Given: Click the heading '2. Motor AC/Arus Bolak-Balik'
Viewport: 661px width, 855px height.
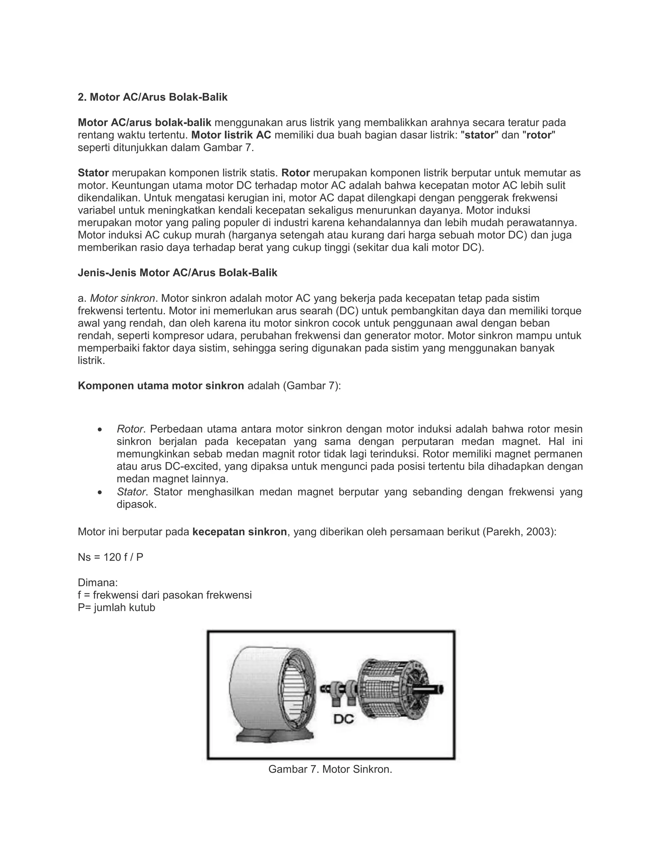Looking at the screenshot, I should coord(152,97).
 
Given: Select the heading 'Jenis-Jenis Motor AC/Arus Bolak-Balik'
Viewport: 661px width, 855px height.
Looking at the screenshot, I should coord(178,273).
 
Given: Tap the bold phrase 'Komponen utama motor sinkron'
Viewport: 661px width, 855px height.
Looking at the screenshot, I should coord(161,386).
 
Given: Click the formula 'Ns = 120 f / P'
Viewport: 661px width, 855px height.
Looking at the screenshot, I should coord(110,557).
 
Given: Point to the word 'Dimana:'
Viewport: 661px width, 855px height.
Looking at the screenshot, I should coord(97,582).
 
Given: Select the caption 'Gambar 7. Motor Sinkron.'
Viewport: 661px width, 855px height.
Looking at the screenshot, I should coord(330,769).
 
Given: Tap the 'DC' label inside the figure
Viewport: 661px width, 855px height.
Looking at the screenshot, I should coord(343,719).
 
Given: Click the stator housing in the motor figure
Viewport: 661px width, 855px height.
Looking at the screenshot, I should coord(259,689).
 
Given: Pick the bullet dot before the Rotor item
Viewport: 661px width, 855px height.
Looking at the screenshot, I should coord(100,430).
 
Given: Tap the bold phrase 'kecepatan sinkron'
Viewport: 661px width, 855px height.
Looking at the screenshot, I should coord(240,532).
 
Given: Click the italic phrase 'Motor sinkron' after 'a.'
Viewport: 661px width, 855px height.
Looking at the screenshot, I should coord(123,298).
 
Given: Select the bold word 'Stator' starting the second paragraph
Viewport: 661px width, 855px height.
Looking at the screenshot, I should coord(93,173).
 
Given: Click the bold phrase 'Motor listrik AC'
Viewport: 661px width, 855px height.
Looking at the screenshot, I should coord(231,135).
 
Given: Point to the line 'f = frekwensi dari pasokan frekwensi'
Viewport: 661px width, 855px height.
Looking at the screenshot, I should coord(165,595).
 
